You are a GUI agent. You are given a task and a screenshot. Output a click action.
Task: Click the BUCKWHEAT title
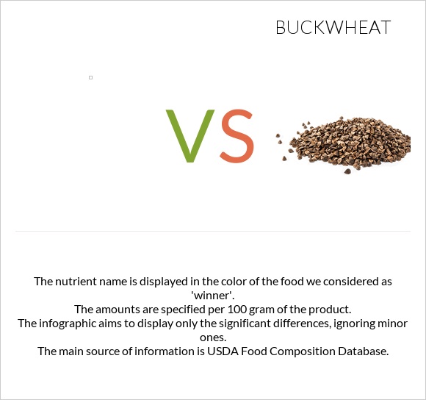(333, 28)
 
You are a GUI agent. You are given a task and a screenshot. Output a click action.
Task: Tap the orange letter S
(237, 136)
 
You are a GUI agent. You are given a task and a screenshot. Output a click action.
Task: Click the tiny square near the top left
(90, 77)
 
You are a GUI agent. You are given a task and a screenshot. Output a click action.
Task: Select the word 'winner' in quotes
(212, 295)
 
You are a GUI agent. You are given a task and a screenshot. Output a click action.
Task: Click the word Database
(361, 351)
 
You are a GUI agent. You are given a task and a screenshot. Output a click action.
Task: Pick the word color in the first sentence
(238, 281)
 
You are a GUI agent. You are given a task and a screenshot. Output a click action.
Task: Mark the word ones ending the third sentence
(212, 337)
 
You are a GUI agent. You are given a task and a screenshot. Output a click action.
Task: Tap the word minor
(391, 323)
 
